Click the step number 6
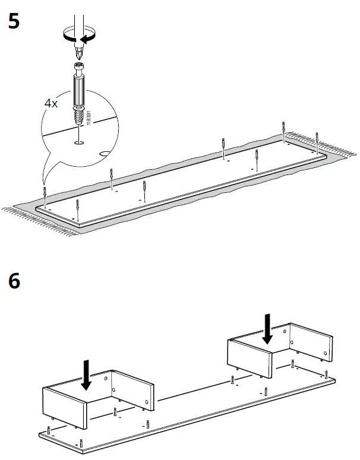point(14,281)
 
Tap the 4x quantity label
point(51,103)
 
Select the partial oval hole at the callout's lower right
point(105,153)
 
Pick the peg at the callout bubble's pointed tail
point(45,192)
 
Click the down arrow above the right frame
point(267,329)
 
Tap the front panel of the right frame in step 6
point(250,359)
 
